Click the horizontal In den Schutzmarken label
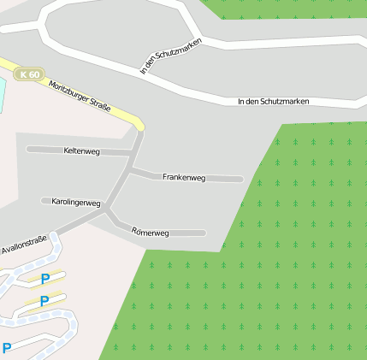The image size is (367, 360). [x=273, y=102]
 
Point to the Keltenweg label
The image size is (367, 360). [x=82, y=150]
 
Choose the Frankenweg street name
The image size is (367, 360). [x=184, y=177]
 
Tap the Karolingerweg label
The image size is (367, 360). [x=76, y=203]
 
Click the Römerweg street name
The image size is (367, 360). [x=151, y=232]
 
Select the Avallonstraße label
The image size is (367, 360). [x=24, y=246]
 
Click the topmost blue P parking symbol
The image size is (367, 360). [x=45, y=279]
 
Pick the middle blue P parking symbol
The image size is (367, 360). [x=44, y=301]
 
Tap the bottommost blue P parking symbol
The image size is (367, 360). [x=7, y=348]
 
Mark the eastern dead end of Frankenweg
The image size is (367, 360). [x=240, y=180]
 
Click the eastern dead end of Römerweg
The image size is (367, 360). [x=204, y=233]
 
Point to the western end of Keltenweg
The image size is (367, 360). [x=28, y=149]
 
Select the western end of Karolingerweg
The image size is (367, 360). [x=44, y=201]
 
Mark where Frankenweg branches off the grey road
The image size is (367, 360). [x=128, y=171]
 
